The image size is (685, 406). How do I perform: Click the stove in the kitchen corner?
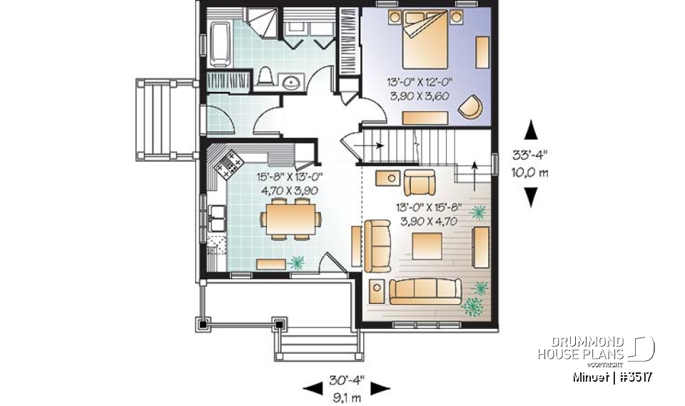point(229,166)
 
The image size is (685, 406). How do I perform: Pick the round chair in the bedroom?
point(470,106)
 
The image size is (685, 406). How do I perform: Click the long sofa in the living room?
point(425,292)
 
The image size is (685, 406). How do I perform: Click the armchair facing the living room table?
point(417,183)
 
